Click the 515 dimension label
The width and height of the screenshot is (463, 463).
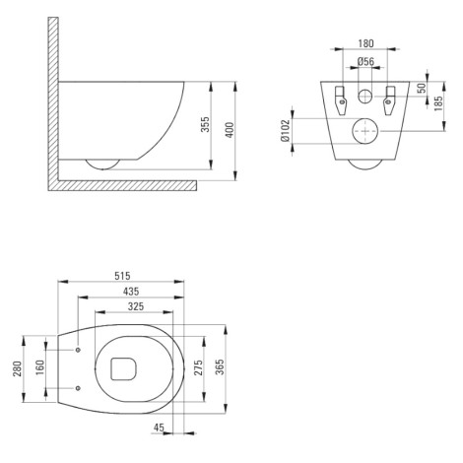[122, 276]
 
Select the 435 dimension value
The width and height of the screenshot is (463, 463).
[131, 292]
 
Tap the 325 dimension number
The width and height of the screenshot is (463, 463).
[136, 306]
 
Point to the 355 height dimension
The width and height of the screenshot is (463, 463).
[205, 124]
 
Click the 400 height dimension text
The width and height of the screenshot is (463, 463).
[230, 130]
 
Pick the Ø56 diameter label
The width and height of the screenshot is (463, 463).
[365, 61]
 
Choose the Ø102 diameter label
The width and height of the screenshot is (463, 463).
[286, 130]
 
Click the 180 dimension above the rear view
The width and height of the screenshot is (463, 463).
[365, 43]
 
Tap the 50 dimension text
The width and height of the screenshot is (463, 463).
[422, 88]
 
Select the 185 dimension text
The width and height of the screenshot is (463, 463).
[438, 103]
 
